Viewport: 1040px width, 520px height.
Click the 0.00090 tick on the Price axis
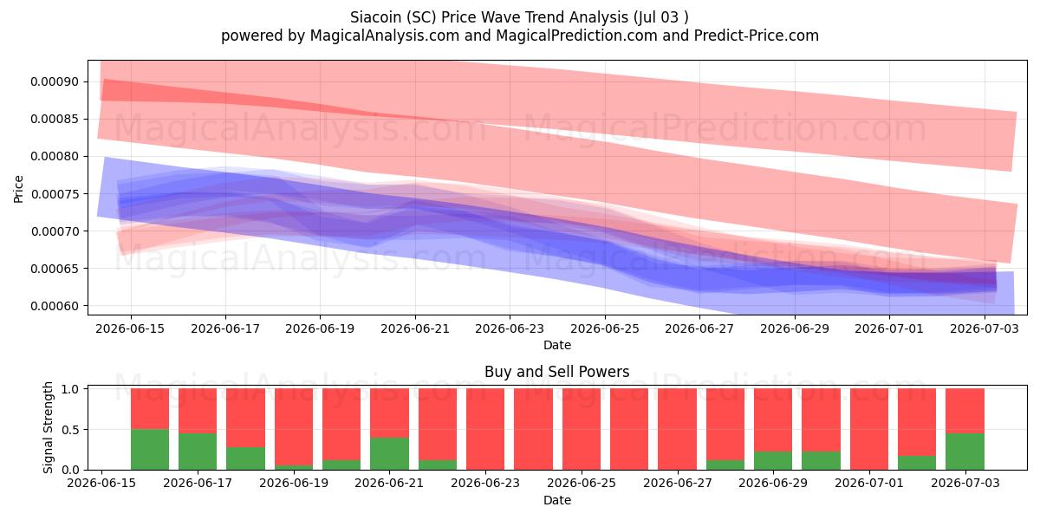coord(55,81)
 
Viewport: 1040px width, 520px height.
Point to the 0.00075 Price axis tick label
coord(55,194)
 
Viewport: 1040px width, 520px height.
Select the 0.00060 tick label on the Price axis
coord(55,306)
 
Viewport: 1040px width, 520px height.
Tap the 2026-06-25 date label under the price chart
coord(605,328)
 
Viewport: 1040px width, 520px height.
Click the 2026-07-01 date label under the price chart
coord(889,328)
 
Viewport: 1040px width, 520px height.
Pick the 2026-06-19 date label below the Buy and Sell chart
coord(294,483)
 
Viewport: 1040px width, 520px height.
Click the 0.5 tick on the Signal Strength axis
coord(70,430)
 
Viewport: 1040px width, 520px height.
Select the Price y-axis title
coord(18,189)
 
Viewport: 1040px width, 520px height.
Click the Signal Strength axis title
coord(48,427)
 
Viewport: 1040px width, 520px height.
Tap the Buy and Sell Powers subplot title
coord(556,372)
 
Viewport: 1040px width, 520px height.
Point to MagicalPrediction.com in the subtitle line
coord(576,36)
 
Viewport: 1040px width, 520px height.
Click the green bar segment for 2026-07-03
coord(965,452)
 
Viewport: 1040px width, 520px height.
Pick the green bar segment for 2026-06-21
coord(389,453)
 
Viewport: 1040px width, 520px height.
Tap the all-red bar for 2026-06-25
coord(582,429)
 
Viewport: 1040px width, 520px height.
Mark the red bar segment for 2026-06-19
coord(294,426)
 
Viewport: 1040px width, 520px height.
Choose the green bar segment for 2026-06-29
coord(773,460)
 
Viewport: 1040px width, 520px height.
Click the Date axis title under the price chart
coord(557,345)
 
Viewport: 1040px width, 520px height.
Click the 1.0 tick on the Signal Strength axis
coord(70,388)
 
